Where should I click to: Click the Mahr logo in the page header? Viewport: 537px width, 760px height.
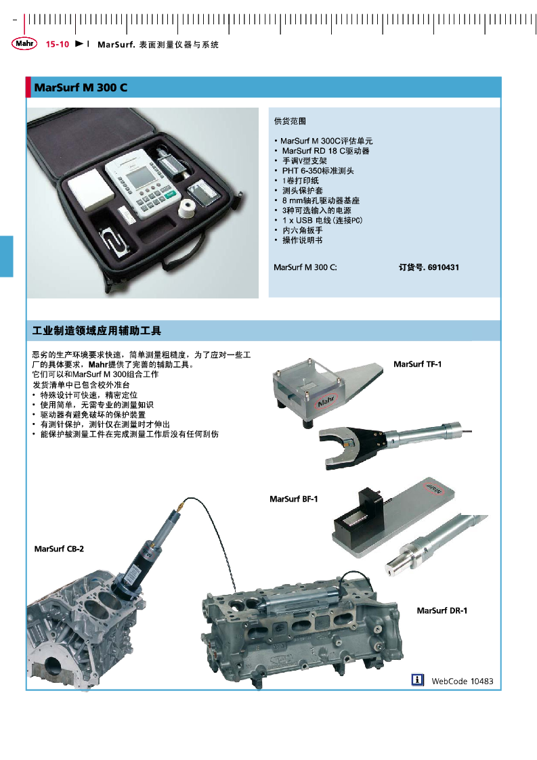24,43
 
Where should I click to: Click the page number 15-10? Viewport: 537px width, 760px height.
58,45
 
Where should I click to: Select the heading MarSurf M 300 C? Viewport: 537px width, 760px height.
81,88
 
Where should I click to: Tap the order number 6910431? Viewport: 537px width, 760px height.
444,267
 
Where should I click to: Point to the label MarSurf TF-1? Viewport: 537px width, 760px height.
417,364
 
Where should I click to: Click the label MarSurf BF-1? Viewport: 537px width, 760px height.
293,499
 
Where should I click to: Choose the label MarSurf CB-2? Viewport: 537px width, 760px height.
59,549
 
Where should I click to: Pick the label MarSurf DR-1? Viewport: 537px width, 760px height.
442,610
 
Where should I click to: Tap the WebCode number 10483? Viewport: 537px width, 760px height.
481,681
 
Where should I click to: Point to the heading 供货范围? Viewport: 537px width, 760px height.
290,121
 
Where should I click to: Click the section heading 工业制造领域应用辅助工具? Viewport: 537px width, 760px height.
97,331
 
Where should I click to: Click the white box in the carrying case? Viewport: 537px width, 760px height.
91,192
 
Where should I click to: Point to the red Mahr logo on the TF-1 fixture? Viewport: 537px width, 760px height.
326,401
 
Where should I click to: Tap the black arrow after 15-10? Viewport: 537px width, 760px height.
79,44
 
